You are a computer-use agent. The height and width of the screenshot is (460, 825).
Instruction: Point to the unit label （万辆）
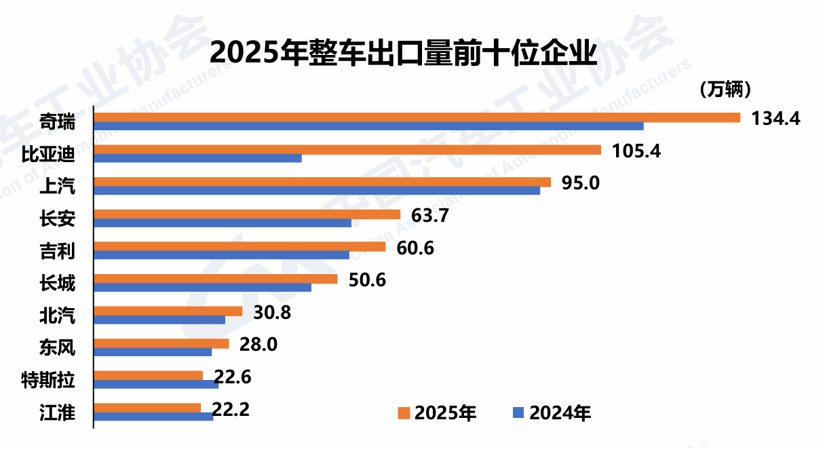[726, 89]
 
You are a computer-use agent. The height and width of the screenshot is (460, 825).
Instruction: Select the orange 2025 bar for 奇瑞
[417, 117]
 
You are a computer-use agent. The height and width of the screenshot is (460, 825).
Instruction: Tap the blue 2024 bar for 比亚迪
[197, 158]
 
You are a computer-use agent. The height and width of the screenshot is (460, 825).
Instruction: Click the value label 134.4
[776, 118]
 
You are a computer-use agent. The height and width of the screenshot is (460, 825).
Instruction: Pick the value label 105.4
[636, 150]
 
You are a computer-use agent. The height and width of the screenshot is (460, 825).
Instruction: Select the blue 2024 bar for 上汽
[317, 191]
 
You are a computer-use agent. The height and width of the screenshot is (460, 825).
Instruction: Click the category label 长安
[58, 218]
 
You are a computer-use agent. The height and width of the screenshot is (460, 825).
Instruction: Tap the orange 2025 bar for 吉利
[239, 246]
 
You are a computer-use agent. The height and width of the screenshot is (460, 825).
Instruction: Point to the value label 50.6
[367, 279]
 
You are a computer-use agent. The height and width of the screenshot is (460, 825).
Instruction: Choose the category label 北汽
[58, 315]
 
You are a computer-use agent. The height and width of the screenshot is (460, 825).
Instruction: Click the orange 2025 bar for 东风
[161, 343]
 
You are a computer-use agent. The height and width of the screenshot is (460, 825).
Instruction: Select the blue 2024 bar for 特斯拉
[156, 384]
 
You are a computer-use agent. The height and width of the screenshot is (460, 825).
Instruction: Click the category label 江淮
[58, 413]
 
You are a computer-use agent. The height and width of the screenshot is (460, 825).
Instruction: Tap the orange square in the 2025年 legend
[404, 413]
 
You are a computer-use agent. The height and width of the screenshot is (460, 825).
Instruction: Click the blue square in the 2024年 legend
[519, 413]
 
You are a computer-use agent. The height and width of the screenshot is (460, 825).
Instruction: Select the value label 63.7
[430, 215]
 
